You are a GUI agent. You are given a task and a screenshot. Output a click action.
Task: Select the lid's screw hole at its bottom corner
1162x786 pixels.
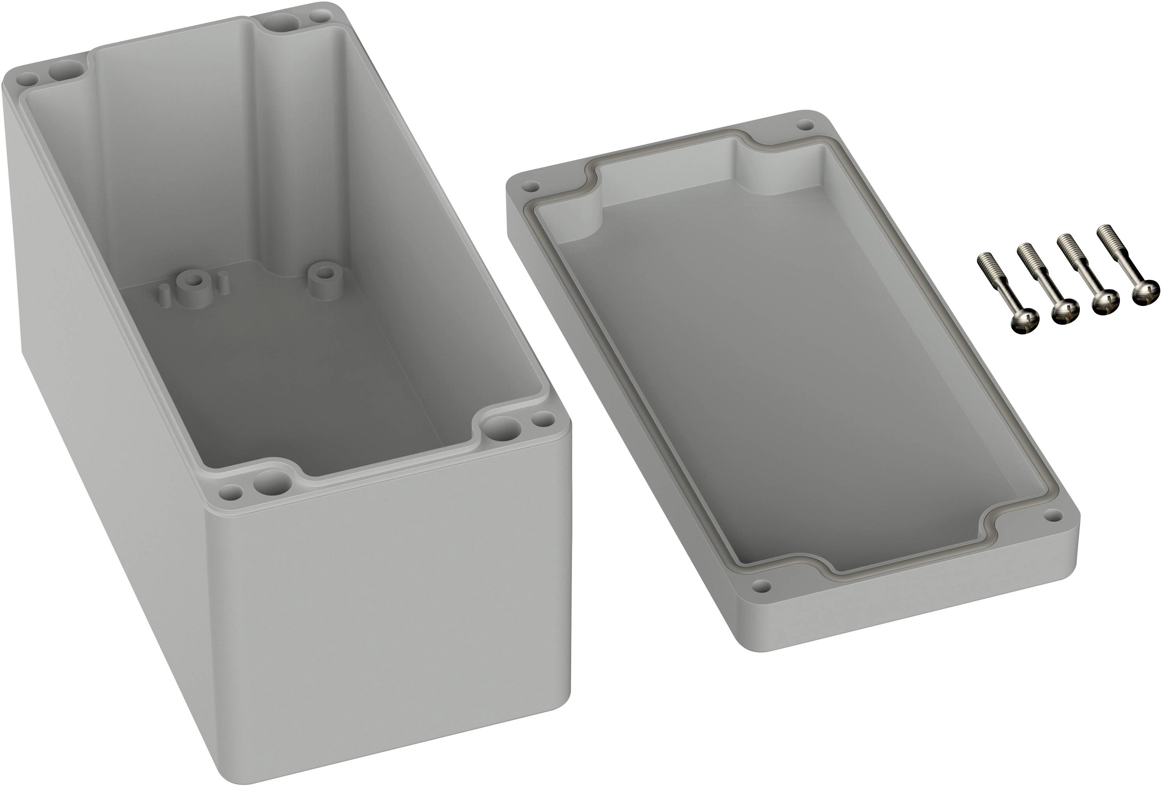[x=761, y=584]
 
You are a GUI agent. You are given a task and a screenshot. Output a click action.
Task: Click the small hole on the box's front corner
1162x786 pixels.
[x=231, y=493]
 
